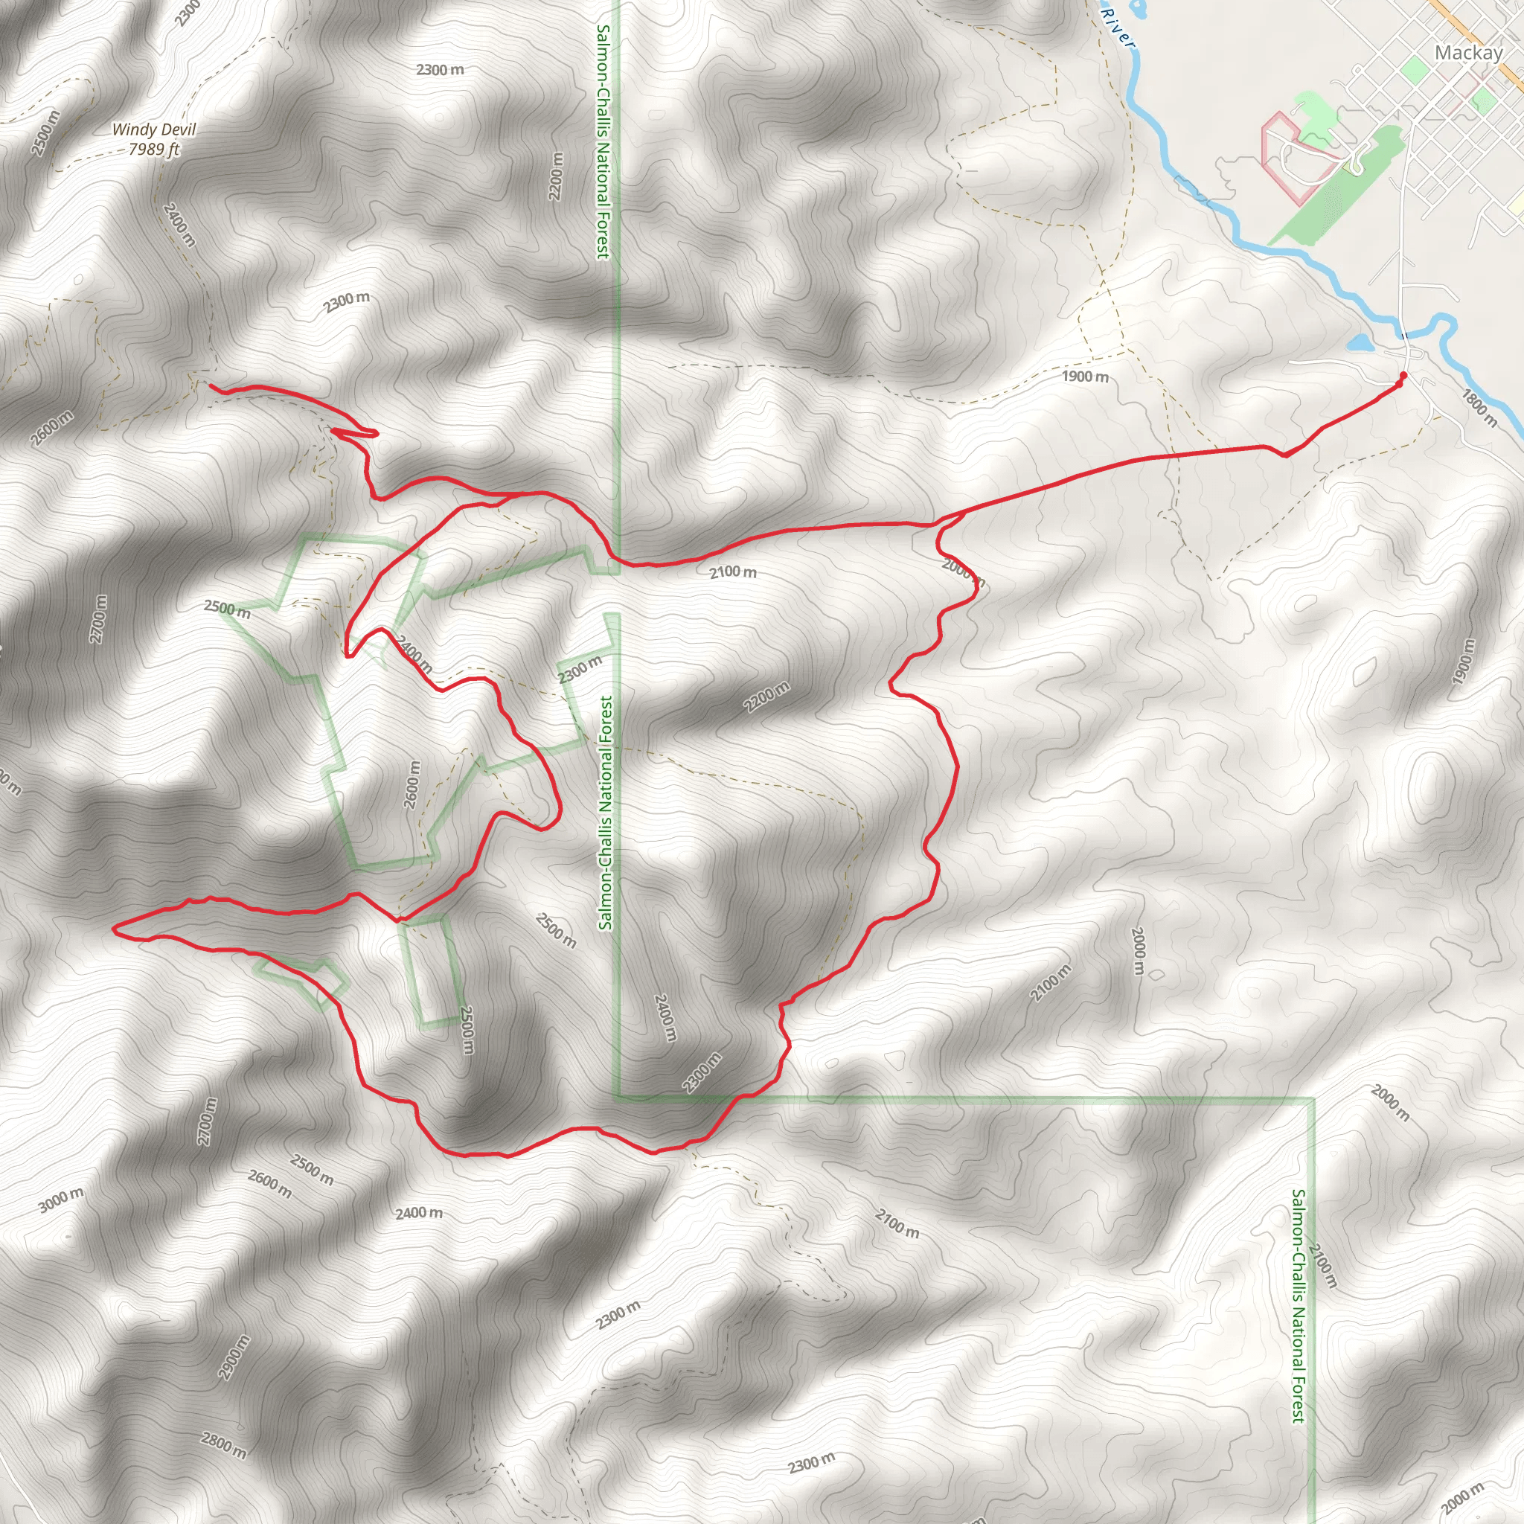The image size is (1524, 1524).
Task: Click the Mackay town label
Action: [1468, 53]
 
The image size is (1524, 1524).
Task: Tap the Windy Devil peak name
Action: [153, 129]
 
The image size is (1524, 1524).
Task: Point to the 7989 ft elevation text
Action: [154, 148]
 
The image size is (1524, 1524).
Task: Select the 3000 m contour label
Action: [61, 1200]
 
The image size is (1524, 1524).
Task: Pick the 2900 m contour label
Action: [235, 1357]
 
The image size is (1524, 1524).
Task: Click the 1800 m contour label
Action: [1479, 408]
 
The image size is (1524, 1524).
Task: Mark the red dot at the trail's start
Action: [1403, 375]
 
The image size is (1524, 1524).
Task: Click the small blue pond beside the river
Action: [1359, 343]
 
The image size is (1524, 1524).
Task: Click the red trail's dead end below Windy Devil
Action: [210, 384]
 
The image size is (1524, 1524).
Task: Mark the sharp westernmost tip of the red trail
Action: [115, 930]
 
